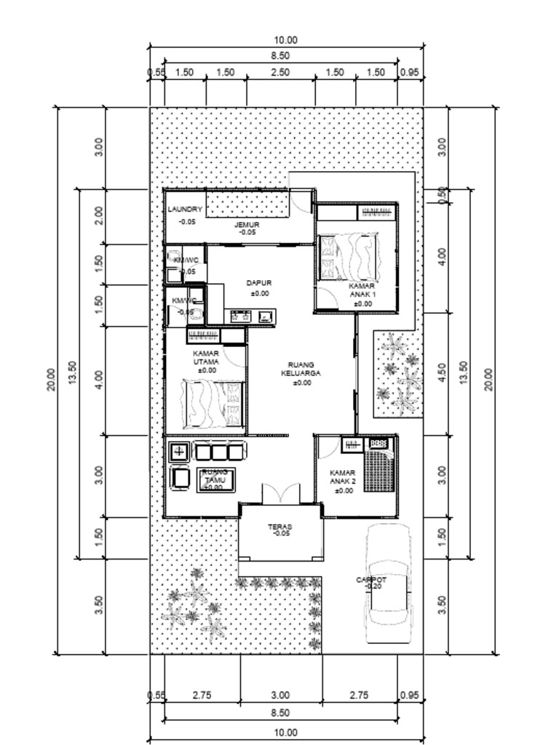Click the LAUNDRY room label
pos(185,210)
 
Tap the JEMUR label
pos(247,226)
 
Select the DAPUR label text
pos(258,283)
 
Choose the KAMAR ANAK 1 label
pos(362,291)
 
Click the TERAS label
pos(279,527)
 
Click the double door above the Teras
pos(280,493)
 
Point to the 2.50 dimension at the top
pos(280,73)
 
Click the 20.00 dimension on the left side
pos(52,380)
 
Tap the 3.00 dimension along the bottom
pos(280,696)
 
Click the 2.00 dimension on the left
pos(99,215)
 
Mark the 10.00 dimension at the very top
pos(285,41)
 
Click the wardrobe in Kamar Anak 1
pos(376,212)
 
